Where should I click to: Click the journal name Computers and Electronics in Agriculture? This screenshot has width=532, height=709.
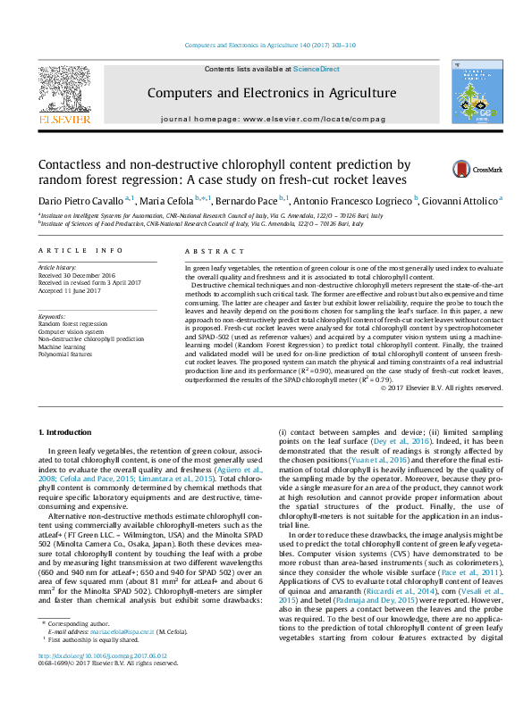[271, 93]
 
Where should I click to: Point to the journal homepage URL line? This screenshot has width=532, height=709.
[273, 119]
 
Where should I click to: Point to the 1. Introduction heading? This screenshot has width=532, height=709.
[68, 431]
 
